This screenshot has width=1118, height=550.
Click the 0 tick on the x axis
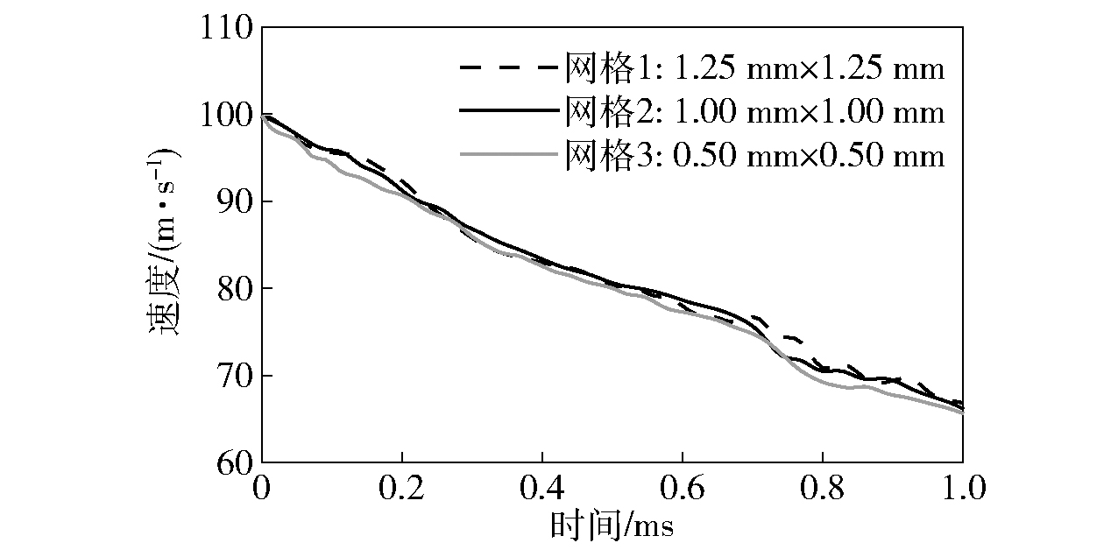[x=262, y=486]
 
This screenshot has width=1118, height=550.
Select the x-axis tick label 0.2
[x=401, y=486]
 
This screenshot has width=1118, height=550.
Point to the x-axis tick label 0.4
[x=541, y=486]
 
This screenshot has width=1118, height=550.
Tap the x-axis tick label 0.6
[x=682, y=486]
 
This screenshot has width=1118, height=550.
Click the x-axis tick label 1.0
[x=961, y=486]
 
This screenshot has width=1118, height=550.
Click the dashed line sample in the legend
[x=508, y=67]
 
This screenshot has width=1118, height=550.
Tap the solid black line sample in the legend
[x=508, y=112]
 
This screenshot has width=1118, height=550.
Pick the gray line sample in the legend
[x=508, y=156]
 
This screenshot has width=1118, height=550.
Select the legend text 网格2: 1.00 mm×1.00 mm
[x=754, y=112]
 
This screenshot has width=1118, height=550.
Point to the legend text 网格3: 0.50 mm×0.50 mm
[x=754, y=156]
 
